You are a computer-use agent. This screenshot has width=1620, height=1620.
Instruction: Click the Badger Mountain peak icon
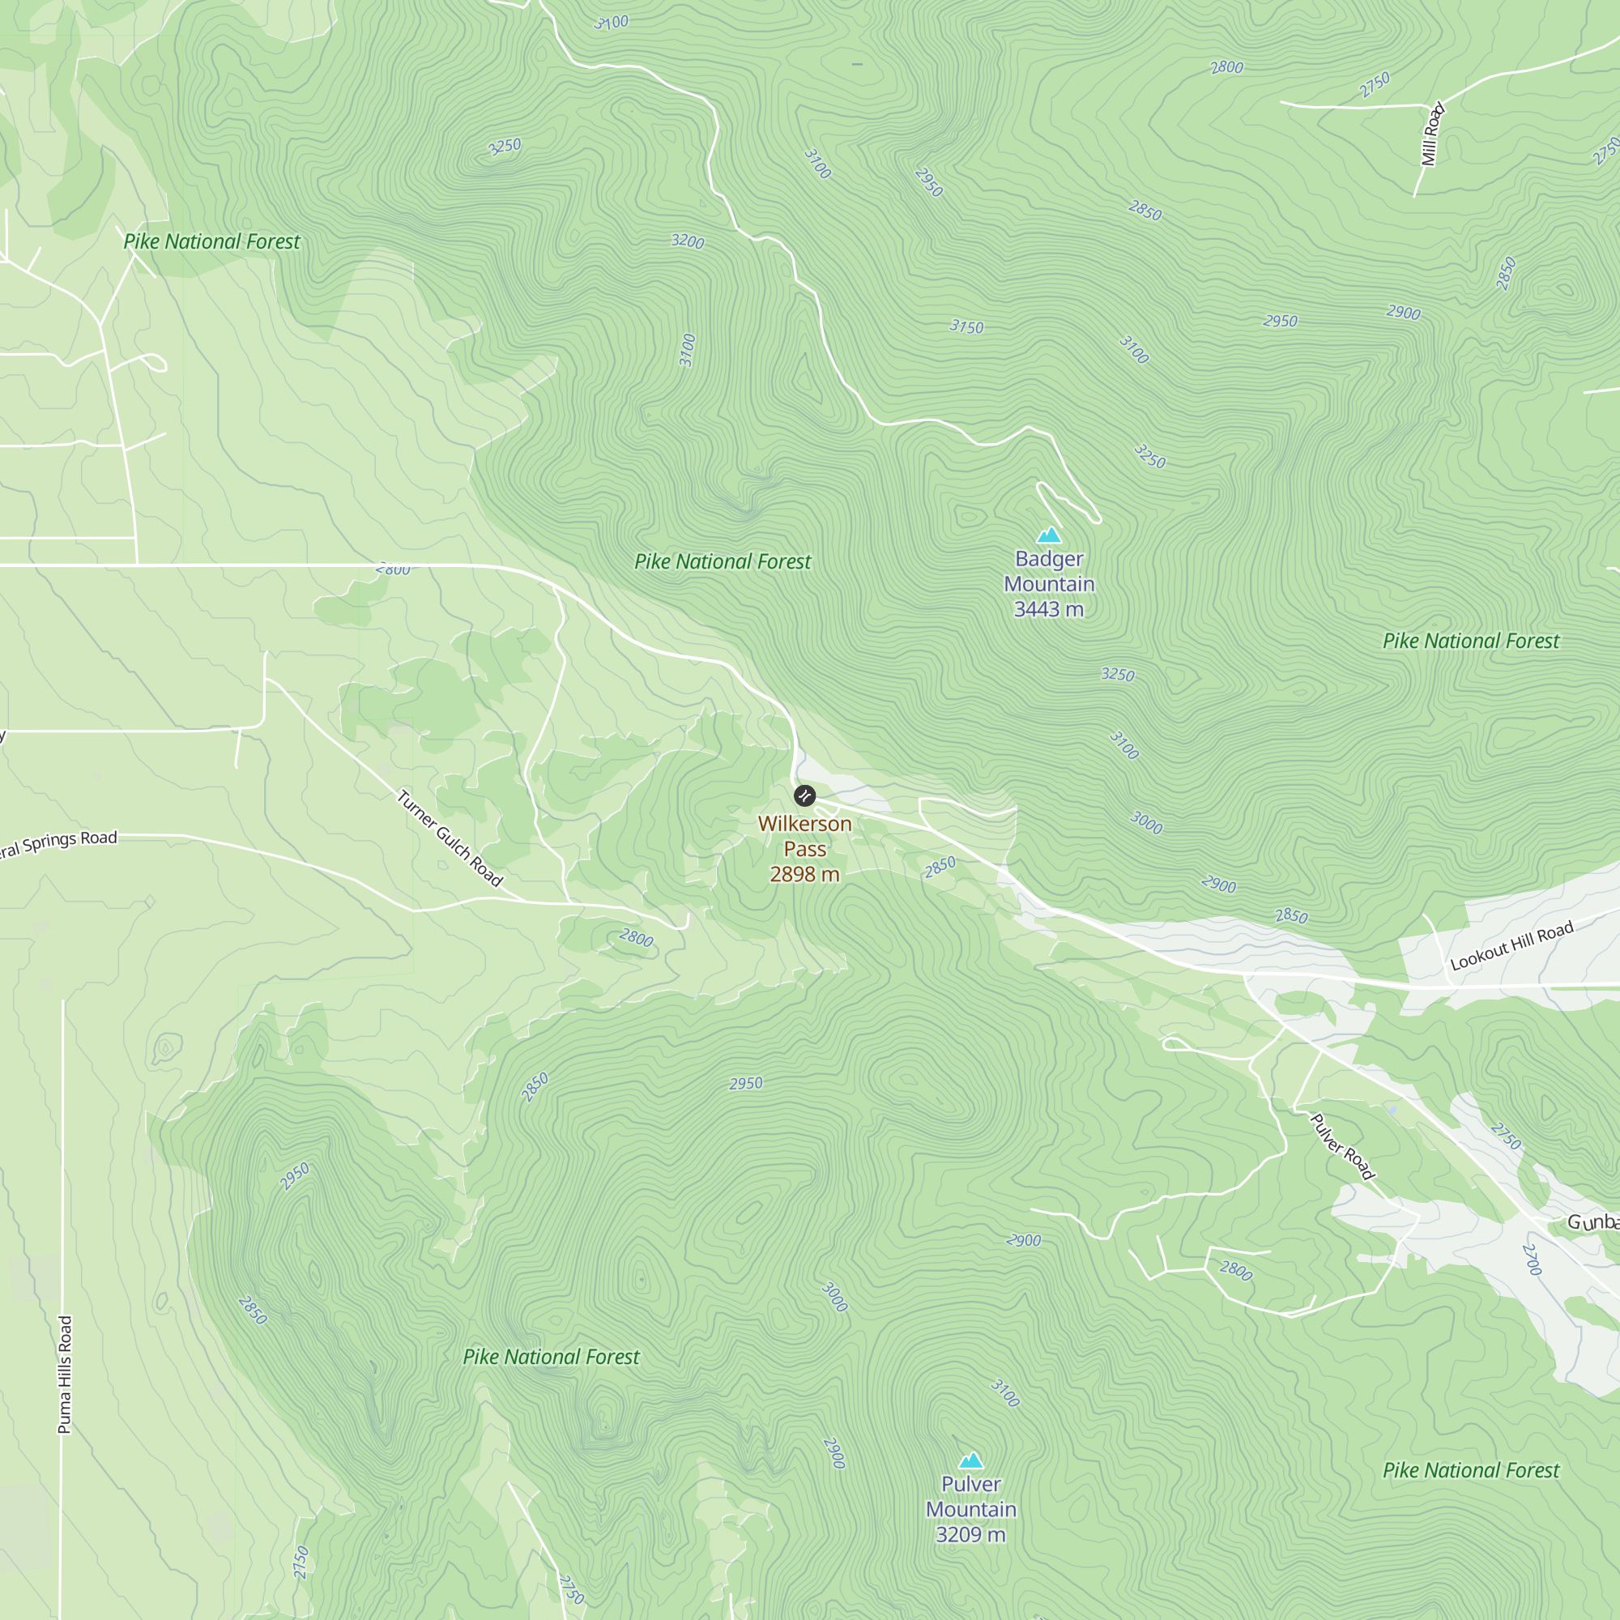(1049, 535)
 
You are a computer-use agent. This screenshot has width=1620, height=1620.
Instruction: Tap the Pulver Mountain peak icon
(971, 1460)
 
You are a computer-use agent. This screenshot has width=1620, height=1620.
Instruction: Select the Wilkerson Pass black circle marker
(804, 795)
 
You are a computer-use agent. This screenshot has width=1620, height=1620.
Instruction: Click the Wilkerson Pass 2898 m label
(804, 849)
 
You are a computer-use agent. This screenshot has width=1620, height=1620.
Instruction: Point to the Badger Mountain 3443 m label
(1049, 583)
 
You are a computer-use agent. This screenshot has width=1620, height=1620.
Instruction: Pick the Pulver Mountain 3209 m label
(971, 1509)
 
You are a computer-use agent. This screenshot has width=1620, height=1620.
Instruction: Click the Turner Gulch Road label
(450, 838)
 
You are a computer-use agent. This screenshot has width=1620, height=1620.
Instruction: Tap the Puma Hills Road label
(65, 1375)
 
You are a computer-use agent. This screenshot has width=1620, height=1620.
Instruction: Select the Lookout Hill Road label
(1511, 945)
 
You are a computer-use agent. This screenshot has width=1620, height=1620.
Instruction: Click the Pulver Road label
(1342, 1146)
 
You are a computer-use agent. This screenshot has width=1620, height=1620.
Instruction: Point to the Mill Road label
(1433, 134)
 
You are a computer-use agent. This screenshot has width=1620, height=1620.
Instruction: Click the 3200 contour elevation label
(688, 241)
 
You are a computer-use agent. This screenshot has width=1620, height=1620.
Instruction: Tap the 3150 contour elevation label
(966, 327)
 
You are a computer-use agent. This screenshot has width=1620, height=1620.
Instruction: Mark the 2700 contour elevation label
(1532, 1260)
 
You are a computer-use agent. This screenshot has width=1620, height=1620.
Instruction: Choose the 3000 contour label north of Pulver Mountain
(834, 1297)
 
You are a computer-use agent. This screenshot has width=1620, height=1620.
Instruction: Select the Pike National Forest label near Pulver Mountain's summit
(1471, 1470)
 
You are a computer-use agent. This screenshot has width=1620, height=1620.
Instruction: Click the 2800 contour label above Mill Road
(1226, 67)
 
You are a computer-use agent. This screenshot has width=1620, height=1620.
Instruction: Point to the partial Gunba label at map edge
(1592, 1222)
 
